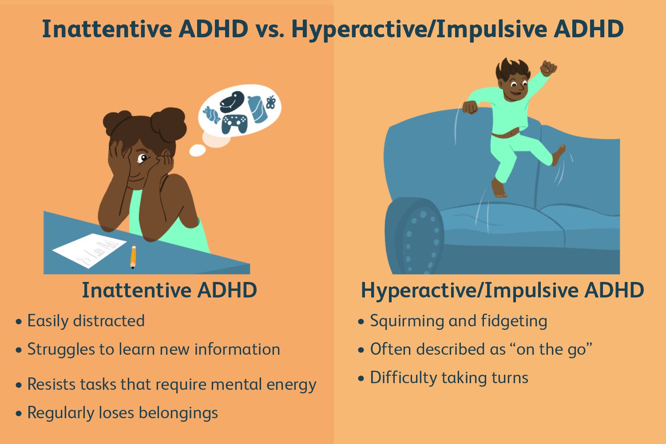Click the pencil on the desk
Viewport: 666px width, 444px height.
click(133, 257)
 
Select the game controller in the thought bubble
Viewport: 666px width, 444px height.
click(234, 123)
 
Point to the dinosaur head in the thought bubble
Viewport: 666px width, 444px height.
click(232, 102)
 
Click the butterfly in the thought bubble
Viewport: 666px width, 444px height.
click(270, 103)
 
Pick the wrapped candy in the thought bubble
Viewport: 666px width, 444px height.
click(211, 115)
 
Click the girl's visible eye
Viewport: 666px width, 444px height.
click(143, 158)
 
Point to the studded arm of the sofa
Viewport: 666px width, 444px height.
click(415, 235)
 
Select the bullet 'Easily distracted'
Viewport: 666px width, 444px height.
click(86, 321)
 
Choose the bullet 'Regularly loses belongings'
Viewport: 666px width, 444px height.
click(123, 412)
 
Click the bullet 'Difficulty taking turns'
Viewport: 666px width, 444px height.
click(449, 378)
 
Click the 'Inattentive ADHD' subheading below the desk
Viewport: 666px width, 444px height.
click(169, 290)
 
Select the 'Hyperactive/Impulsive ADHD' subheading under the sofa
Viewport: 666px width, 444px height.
click(502, 290)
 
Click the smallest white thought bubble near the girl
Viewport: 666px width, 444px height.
click(197, 151)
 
